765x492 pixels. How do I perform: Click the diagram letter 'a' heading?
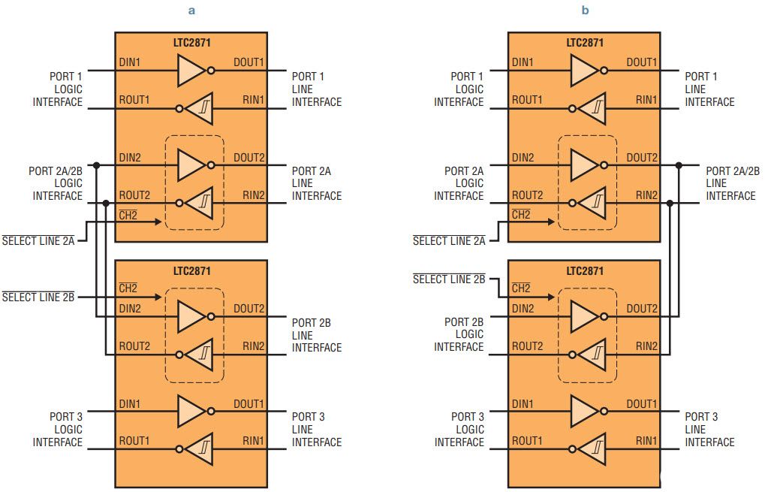click(x=191, y=11)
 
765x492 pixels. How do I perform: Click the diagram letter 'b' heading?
click(x=585, y=11)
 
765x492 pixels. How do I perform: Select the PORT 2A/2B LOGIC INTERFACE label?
click(x=56, y=183)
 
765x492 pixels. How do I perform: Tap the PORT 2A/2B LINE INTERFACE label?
click(x=733, y=183)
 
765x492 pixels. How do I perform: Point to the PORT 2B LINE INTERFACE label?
click(x=316, y=335)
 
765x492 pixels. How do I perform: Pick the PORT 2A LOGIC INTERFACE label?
click(x=459, y=183)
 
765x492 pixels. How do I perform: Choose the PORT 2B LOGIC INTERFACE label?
click(x=459, y=334)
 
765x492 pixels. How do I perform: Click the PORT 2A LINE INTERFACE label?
click(x=316, y=183)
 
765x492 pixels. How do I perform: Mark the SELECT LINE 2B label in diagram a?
click(x=38, y=297)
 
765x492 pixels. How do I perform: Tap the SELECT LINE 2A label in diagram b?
click(x=449, y=241)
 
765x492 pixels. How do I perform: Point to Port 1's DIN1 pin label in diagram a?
click(x=129, y=62)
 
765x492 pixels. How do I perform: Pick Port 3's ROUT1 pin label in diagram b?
click(x=528, y=440)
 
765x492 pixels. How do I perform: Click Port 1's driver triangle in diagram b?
click(x=583, y=72)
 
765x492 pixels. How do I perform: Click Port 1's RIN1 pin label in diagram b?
click(x=646, y=99)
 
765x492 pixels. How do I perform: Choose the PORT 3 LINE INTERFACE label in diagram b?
click(x=709, y=430)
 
